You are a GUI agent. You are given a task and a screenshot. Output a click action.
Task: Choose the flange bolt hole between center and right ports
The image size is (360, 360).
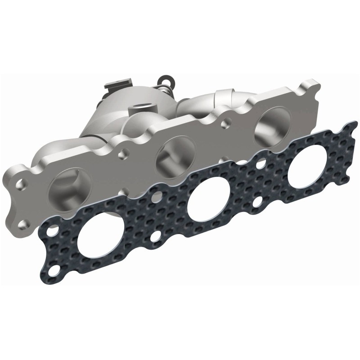(x=225, y=120)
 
